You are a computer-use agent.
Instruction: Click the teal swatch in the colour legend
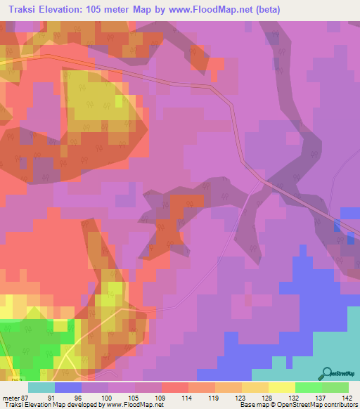pyautogui.click(x=41, y=387)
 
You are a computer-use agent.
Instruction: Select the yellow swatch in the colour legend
pyautogui.click(x=281, y=387)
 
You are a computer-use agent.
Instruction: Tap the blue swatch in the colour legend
pyautogui.click(x=68, y=387)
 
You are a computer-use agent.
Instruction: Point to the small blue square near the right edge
pyautogui.click(x=349, y=213)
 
